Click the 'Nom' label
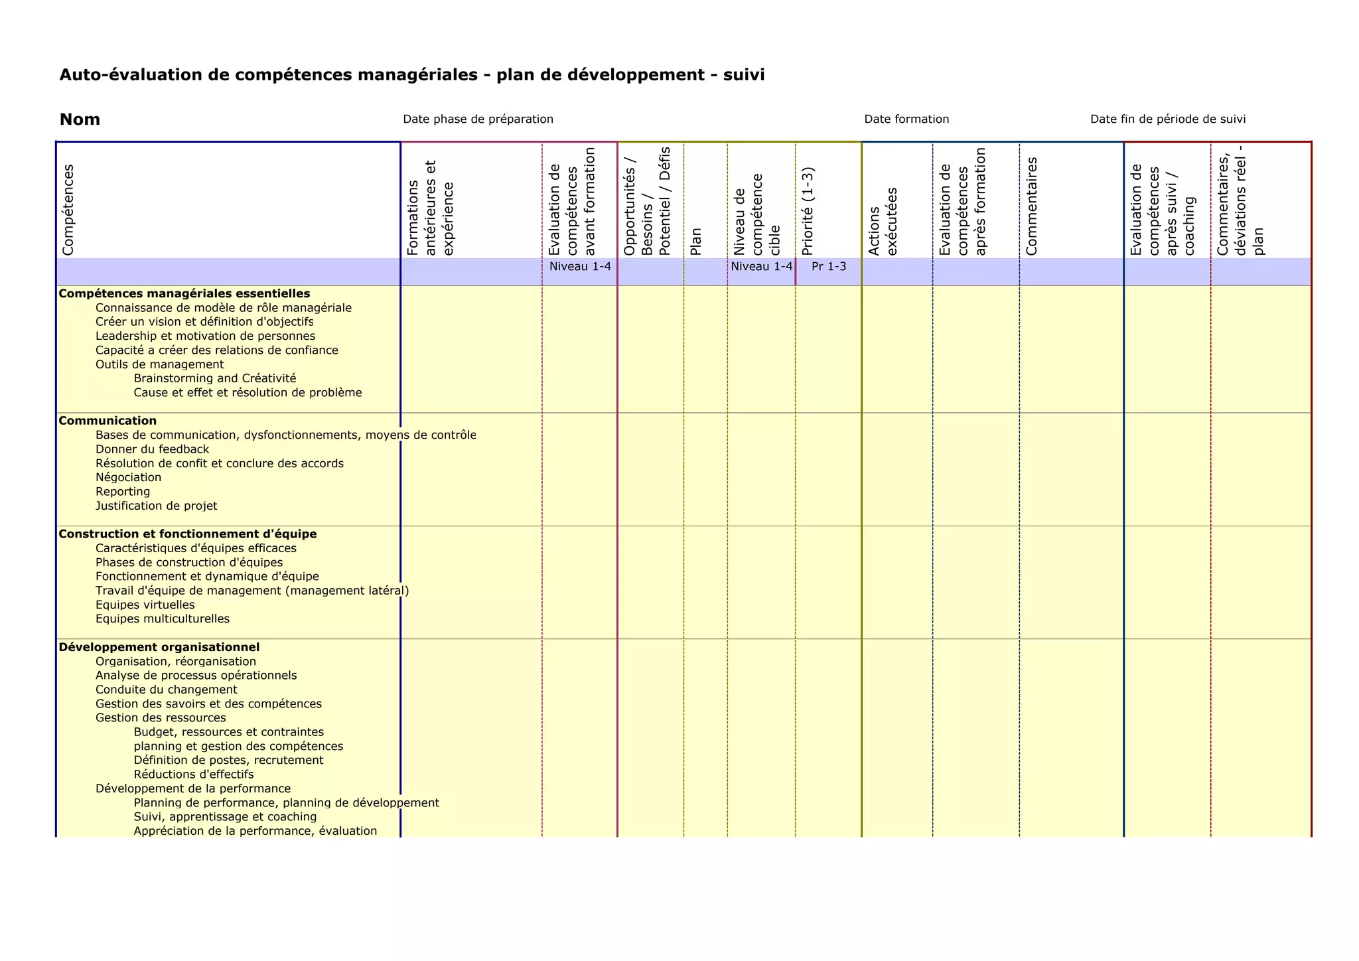click(80, 119)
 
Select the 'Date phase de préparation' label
click(478, 119)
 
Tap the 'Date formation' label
click(906, 119)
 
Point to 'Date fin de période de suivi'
click(1168, 119)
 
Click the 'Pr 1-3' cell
click(829, 267)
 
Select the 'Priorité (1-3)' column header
click(808, 211)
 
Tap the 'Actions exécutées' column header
click(883, 221)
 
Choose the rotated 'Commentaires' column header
click(1031, 206)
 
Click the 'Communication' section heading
click(107, 421)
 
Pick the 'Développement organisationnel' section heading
click(159, 647)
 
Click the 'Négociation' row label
click(128, 477)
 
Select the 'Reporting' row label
click(123, 492)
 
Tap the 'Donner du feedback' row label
click(152, 449)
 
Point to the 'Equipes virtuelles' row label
click(145, 605)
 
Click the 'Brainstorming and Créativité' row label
click(215, 378)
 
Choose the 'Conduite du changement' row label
click(166, 690)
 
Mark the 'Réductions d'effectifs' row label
click(194, 775)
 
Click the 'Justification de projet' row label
click(156, 506)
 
